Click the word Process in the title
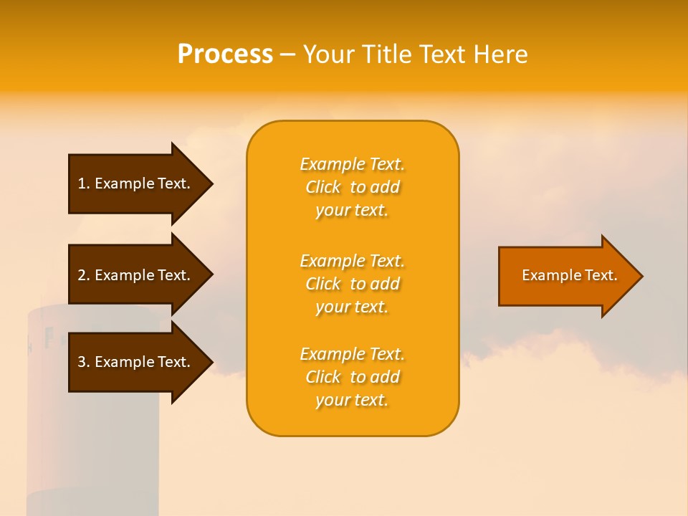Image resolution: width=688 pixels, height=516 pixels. [225, 54]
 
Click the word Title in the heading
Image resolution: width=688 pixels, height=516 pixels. [387, 54]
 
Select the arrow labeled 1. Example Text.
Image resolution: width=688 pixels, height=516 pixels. [136, 183]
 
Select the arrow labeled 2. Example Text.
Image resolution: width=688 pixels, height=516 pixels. [136, 275]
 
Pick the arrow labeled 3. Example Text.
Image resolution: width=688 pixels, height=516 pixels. [136, 362]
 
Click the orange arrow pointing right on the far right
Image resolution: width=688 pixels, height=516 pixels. [566, 276]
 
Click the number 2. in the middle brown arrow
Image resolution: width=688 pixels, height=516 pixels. [84, 275]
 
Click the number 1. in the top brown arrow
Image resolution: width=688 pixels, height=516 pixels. [84, 183]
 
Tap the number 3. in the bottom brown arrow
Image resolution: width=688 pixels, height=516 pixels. [84, 362]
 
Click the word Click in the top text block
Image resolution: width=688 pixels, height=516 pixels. [323, 188]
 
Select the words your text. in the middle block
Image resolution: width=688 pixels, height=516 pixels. [352, 307]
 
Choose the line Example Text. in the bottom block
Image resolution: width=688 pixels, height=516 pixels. [352, 354]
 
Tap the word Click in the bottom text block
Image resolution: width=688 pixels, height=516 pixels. [323, 377]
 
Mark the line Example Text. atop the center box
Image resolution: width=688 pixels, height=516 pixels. [352, 165]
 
